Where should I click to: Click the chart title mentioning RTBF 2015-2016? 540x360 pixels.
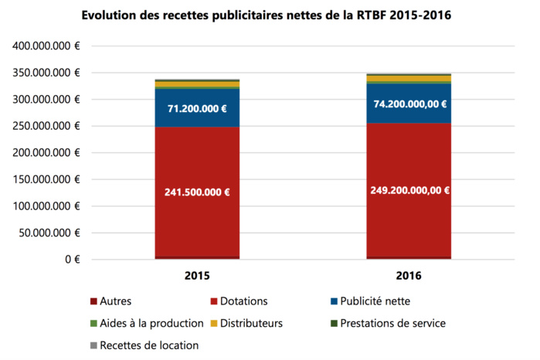point(270,15)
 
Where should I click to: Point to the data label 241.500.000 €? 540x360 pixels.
point(196,191)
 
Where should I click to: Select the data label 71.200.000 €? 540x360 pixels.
point(196,109)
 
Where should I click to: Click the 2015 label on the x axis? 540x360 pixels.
point(196,274)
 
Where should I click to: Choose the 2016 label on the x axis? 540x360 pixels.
point(409,274)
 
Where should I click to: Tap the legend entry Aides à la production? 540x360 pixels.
point(147,324)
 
